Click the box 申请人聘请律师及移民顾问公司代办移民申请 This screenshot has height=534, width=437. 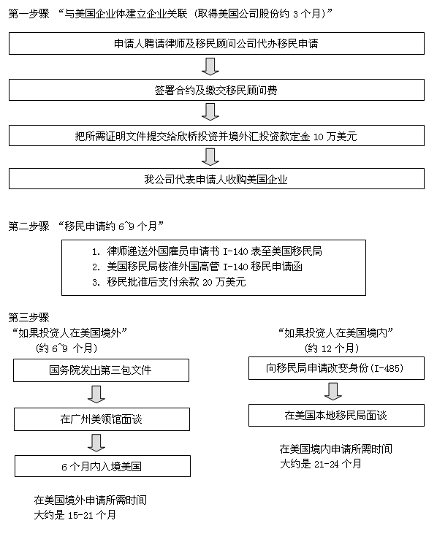(x=216, y=44)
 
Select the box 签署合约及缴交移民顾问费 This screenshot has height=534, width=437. (x=216, y=90)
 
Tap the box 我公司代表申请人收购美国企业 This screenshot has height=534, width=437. (x=216, y=179)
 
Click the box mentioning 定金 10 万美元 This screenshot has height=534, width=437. (x=216, y=136)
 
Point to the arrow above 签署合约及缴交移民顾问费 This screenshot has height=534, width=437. (x=210, y=66)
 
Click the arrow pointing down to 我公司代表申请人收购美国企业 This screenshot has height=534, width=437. (x=210, y=157)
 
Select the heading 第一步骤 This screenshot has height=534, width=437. (x=29, y=14)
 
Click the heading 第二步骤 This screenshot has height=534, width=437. (x=29, y=226)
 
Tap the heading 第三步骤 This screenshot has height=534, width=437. (x=29, y=317)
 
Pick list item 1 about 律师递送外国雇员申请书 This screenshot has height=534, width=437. (x=207, y=251)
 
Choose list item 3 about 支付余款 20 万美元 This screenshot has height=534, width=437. (x=169, y=282)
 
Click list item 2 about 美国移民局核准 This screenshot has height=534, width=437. (x=197, y=267)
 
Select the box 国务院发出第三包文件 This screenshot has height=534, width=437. (x=101, y=370)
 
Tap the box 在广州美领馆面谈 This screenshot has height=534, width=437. (x=102, y=419)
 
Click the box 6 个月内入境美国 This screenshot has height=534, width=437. (x=102, y=466)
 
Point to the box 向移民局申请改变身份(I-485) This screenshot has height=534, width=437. (x=337, y=368)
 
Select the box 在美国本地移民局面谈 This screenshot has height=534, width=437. (x=337, y=416)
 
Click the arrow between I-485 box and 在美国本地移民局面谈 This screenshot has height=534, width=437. (x=332, y=392)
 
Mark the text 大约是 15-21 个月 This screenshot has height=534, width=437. (x=75, y=515)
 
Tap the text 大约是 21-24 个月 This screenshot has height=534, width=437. (x=321, y=464)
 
